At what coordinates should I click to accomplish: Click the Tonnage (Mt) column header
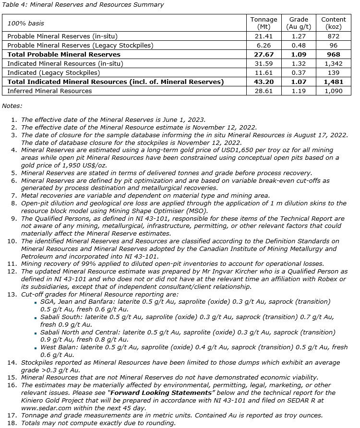(x=264, y=23)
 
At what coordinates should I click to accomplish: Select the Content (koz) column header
(x=334, y=23)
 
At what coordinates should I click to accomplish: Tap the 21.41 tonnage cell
(x=264, y=36)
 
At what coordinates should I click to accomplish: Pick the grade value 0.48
(x=299, y=46)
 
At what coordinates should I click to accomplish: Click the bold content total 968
(x=334, y=55)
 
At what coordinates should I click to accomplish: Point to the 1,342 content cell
(x=334, y=64)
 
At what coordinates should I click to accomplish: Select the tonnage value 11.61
(x=264, y=73)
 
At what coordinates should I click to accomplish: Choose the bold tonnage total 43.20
(x=264, y=82)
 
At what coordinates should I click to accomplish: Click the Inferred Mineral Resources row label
(x=49, y=91)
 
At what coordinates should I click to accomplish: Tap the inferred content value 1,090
(x=334, y=91)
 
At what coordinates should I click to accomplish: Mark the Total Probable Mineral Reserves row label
(x=64, y=55)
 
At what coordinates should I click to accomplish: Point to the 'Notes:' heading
(x=12, y=105)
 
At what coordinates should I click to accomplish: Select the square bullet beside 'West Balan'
(x=36, y=347)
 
